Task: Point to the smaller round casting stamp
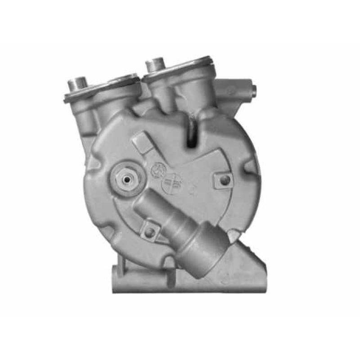click(157, 170)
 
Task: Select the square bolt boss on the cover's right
click(224, 180)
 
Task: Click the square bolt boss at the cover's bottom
click(149, 232)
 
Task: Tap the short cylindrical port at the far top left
click(77, 84)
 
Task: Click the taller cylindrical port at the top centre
click(155, 64)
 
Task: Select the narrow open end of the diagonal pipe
click(143, 205)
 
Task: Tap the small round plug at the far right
click(253, 91)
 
